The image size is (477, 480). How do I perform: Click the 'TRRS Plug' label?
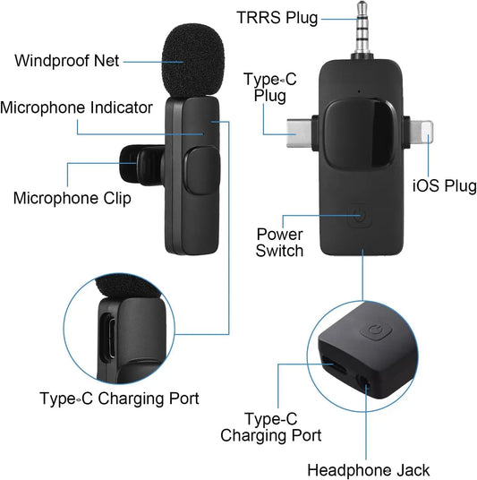277,18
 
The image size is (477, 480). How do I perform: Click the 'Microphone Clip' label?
72,198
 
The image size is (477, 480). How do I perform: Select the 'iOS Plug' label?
445,186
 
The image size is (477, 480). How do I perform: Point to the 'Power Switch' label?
279,243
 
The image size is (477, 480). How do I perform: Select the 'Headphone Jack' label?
369,469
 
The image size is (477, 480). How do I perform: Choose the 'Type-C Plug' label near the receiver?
269,88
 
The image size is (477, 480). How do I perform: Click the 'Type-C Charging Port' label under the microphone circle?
119,398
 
